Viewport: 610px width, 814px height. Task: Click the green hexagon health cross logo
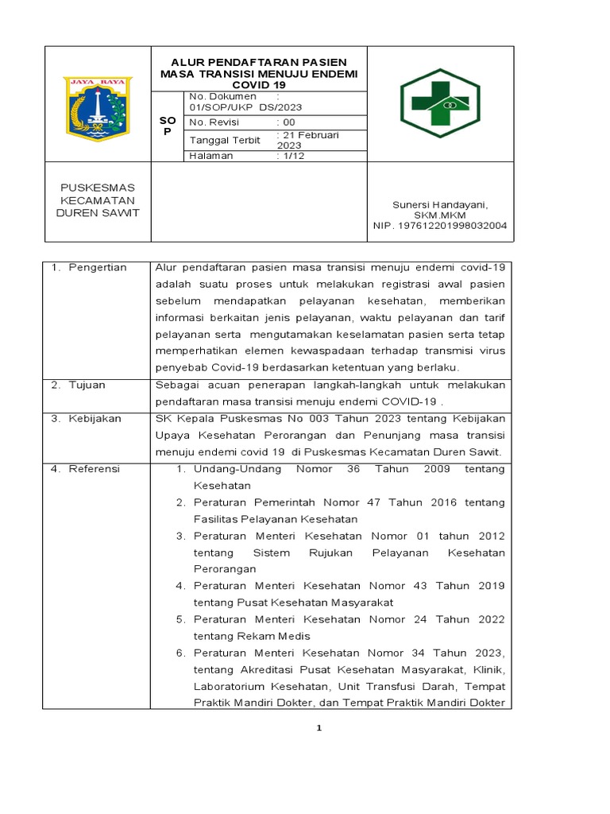[439, 103]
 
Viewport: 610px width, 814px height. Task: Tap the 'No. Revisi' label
[214, 122]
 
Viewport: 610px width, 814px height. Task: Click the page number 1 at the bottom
[318, 728]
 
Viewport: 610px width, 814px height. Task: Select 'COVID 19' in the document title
[259, 83]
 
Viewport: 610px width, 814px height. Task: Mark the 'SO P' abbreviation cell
[167, 125]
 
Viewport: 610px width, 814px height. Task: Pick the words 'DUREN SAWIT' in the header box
[98, 213]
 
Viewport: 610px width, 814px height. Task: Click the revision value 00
[288, 122]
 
